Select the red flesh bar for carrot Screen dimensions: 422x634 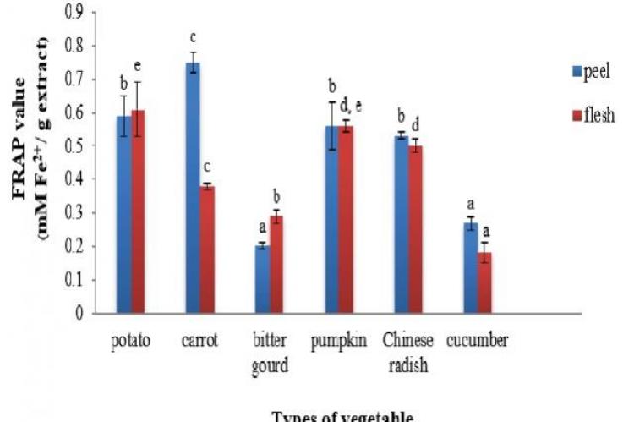tap(207, 249)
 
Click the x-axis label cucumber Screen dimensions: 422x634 tap(478, 341)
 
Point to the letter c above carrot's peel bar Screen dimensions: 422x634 tap(193, 38)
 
